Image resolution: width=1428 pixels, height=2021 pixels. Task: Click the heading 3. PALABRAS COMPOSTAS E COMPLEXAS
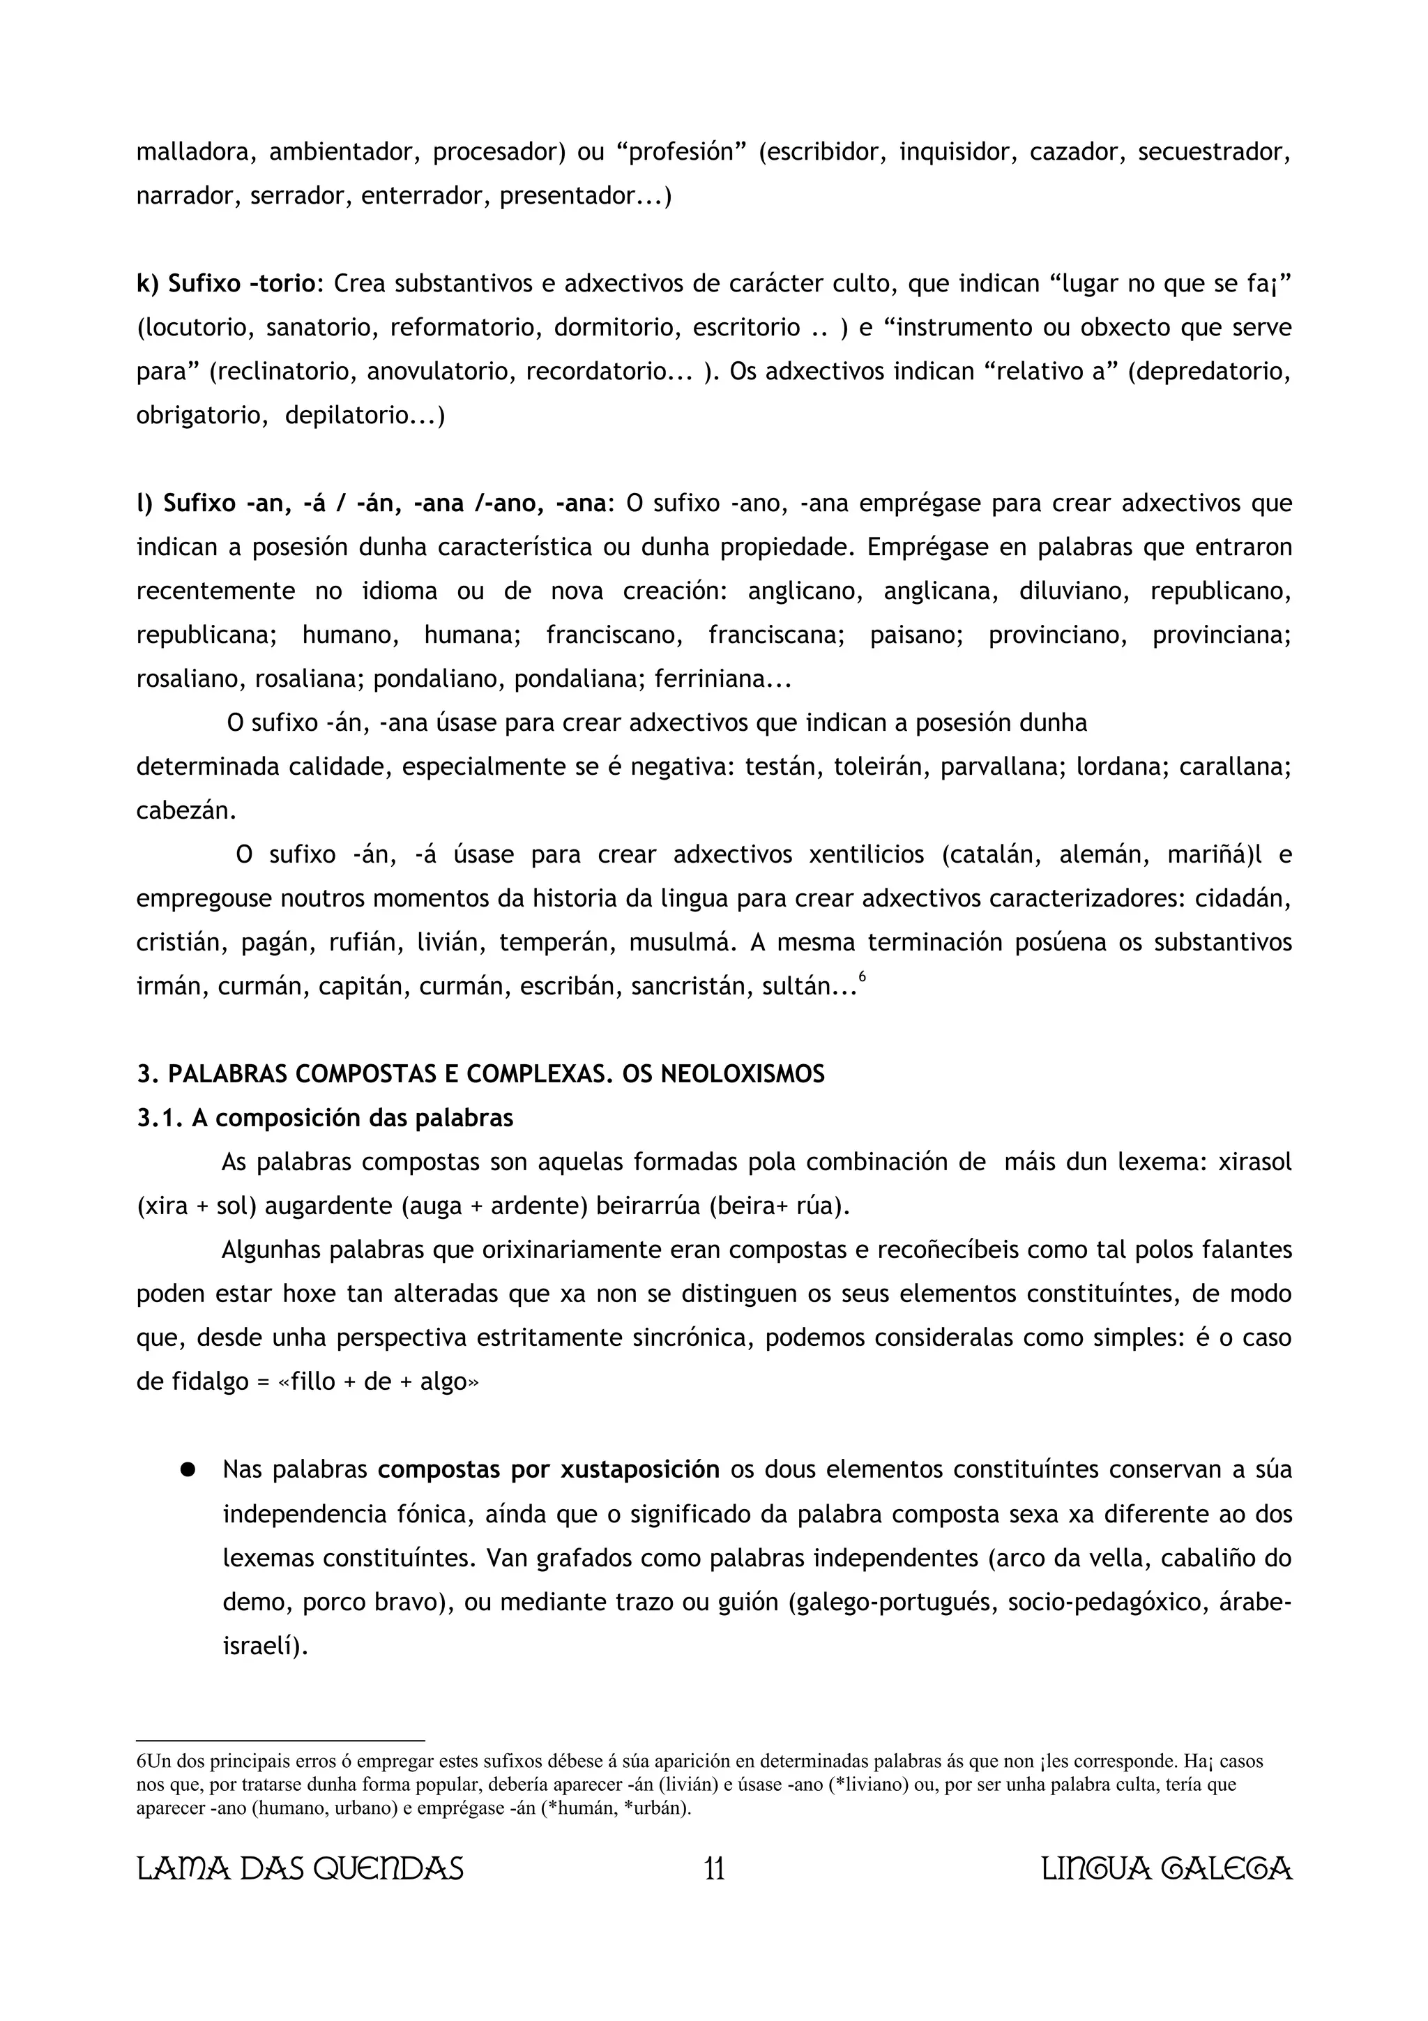[x=480, y=1074]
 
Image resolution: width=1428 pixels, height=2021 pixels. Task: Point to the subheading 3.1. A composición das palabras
[x=325, y=1118]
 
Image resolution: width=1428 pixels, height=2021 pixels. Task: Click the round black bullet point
[x=187, y=1470]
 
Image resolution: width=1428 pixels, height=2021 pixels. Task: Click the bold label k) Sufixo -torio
[x=225, y=283]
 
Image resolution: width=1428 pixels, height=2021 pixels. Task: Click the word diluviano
[x=1072, y=591]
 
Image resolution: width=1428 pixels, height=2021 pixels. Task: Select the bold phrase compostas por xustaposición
[x=548, y=1470]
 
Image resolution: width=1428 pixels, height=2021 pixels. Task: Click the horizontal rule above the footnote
[x=281, y=1740]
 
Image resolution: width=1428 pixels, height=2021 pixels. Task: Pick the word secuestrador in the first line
[x=1214, y=152]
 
